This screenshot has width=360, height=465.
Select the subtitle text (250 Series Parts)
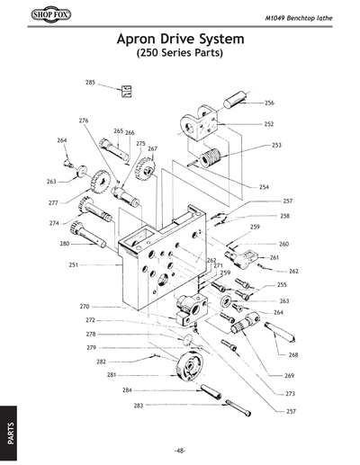tap(179, 54)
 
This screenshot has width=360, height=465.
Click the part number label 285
tap(91, 82)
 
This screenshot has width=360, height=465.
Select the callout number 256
tap(269, 103)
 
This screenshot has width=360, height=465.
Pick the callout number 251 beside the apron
tap(74, 264)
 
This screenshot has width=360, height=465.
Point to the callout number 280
tap(65, 244)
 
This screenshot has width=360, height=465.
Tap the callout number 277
tap(53, 203)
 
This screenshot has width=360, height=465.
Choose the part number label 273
tap(290, 394)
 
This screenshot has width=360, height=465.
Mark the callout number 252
tap(268, 124)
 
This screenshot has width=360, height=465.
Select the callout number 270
tap(85, 306)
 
